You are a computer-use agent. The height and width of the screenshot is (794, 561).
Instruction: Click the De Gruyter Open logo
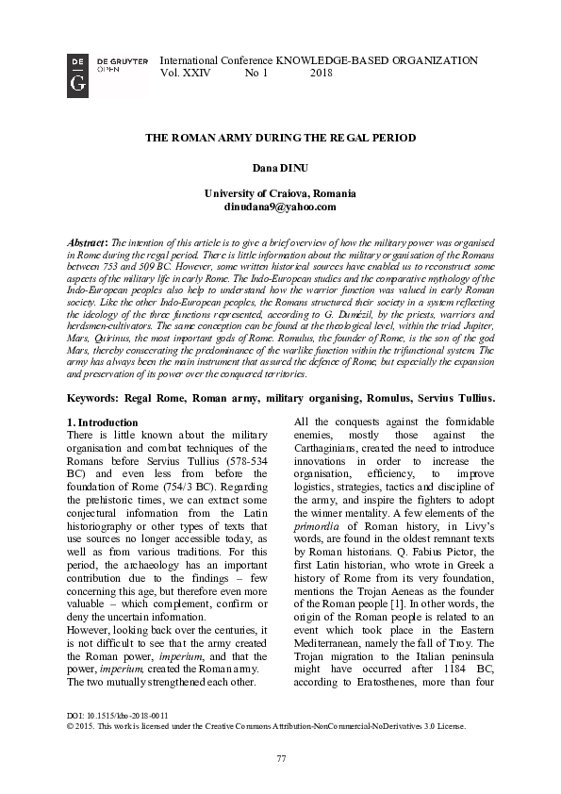tap(79, 73)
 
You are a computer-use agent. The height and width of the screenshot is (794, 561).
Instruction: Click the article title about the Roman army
tap(280, 138)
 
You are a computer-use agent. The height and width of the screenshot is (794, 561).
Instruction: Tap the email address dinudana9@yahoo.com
tap(280, 206)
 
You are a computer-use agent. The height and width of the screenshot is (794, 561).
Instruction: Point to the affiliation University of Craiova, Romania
tap(280, 192)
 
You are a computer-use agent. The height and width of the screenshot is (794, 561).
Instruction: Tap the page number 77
tap(280, 759)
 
